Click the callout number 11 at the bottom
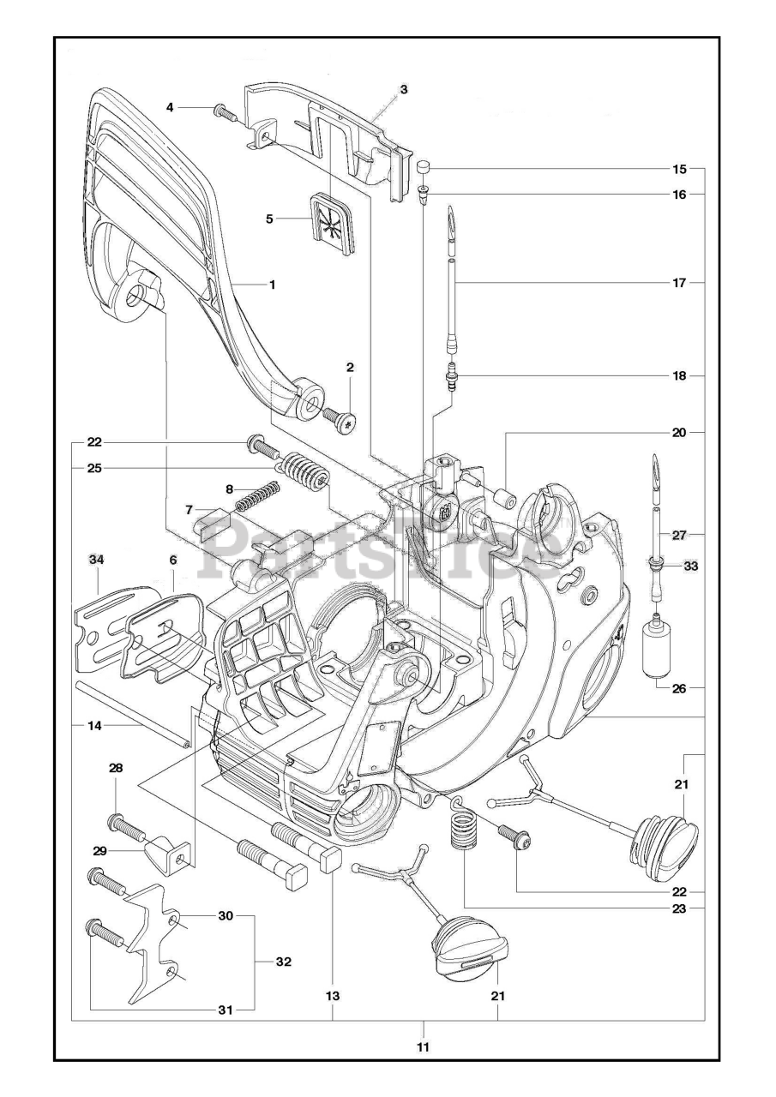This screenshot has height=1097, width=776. [x=423, y=1046]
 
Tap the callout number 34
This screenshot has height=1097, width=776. [x=97, y=560]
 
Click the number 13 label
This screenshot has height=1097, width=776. [x=333, y=996]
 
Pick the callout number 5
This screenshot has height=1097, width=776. [x=269, y=219]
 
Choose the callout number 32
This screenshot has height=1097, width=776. [x=283, y=962]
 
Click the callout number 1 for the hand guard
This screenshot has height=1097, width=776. [x=272, y=284]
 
